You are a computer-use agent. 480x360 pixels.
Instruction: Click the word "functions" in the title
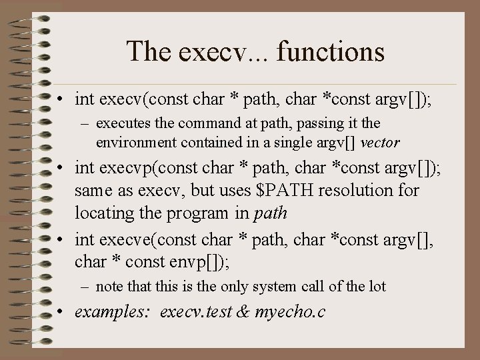[335, 51]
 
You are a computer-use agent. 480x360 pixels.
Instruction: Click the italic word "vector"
[381, 143]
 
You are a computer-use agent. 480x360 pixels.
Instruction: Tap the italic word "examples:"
[112, 311]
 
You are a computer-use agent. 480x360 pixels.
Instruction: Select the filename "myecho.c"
[290, 311]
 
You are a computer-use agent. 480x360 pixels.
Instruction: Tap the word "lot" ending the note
[377, 287]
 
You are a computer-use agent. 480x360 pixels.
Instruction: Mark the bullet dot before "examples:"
[61, 311]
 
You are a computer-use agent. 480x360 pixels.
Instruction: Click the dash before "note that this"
[85, 287]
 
